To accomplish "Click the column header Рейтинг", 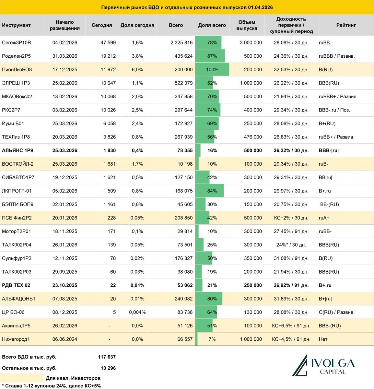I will point(346,25).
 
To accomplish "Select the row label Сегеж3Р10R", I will point(17,42).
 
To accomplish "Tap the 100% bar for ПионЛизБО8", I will point(212,70).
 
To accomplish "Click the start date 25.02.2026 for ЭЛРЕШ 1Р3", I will point(65,83).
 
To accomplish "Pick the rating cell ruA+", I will point(324,218).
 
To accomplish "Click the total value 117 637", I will point(107,357).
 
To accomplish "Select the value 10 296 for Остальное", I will point(108,368).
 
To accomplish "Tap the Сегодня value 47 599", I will point(108,42).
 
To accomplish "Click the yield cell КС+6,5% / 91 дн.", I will point(291,326).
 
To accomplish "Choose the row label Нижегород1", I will point(16,339).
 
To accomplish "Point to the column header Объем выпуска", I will point(247,25).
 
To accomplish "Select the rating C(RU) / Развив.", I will point(337,312).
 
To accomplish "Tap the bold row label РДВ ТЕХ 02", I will point(16,285).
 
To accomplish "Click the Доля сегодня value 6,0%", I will point(137,70).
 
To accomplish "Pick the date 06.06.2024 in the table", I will point(65,339).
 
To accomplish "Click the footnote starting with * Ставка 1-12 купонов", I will point(52,386).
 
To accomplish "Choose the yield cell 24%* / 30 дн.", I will point(291,245).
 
